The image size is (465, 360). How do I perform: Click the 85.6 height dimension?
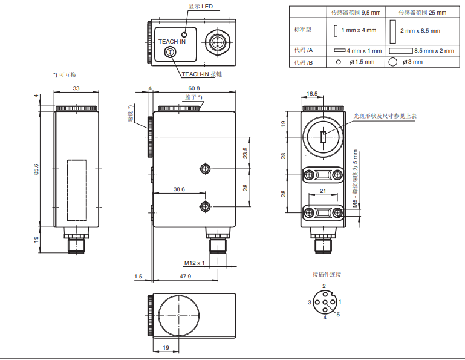coord(36,166)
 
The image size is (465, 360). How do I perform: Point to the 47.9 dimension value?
coord(186,277)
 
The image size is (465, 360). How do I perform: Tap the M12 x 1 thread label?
coord(195,263)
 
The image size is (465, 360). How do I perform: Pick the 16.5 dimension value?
coord(312,94)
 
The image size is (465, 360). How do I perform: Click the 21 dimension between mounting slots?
coord(323,191)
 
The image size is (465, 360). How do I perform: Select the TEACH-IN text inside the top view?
coord(172,41)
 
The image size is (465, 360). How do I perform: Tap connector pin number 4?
coord(325,317)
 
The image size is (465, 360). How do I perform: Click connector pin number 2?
coord(324,286)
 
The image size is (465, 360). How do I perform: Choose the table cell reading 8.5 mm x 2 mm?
coord(426,51)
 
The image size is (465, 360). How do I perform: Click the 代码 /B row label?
coord(304,62)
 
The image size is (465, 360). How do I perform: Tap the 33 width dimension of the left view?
coord(76,89)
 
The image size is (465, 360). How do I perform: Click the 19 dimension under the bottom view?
coord(166,348)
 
